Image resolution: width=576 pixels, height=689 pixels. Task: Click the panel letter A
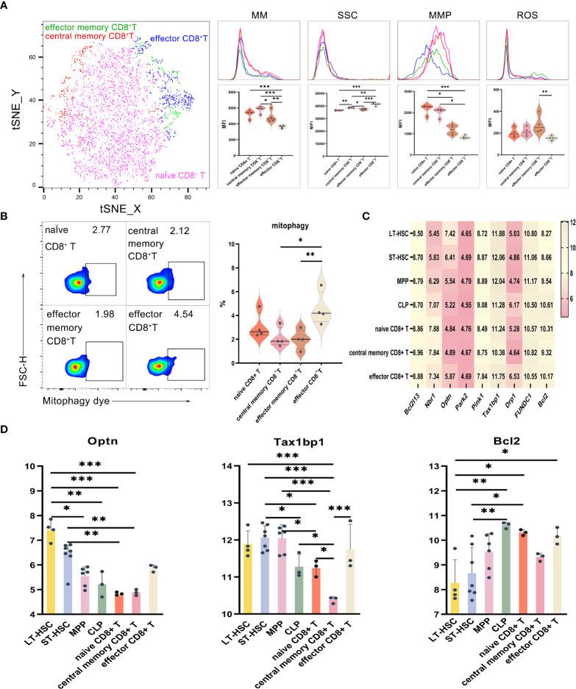(6, 7)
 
